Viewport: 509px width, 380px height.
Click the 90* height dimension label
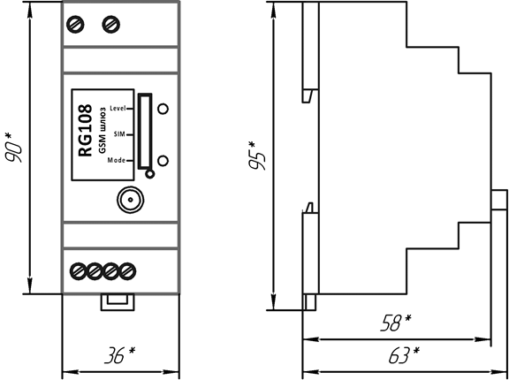coord(14,147)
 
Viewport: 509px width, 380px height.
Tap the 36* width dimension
coord(120,355)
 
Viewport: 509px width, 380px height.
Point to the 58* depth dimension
coord(396,323)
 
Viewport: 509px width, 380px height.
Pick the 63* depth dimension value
coord(404,355)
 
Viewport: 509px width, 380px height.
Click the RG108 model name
coord(86,131)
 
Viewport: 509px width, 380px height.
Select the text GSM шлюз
coord(102,132)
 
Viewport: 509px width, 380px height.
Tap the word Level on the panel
coord(118,108)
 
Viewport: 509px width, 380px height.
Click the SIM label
coord(119,134)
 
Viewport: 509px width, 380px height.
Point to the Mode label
coord(117,160)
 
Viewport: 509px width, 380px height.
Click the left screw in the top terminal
coord(75,25)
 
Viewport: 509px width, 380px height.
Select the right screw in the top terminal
coord(111,25)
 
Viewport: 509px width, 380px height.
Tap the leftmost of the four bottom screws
coord(79,271)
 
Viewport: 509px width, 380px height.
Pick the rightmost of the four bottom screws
coord(127,271)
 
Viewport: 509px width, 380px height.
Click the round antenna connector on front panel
coord(131,200)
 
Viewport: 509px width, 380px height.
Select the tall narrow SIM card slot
coord(145,132)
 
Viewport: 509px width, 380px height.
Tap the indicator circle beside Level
coord(163,109)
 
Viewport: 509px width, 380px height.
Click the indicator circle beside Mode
coord(163,161)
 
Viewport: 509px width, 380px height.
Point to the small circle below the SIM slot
coord(149,174)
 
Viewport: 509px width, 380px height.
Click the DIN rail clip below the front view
coord(118,302)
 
